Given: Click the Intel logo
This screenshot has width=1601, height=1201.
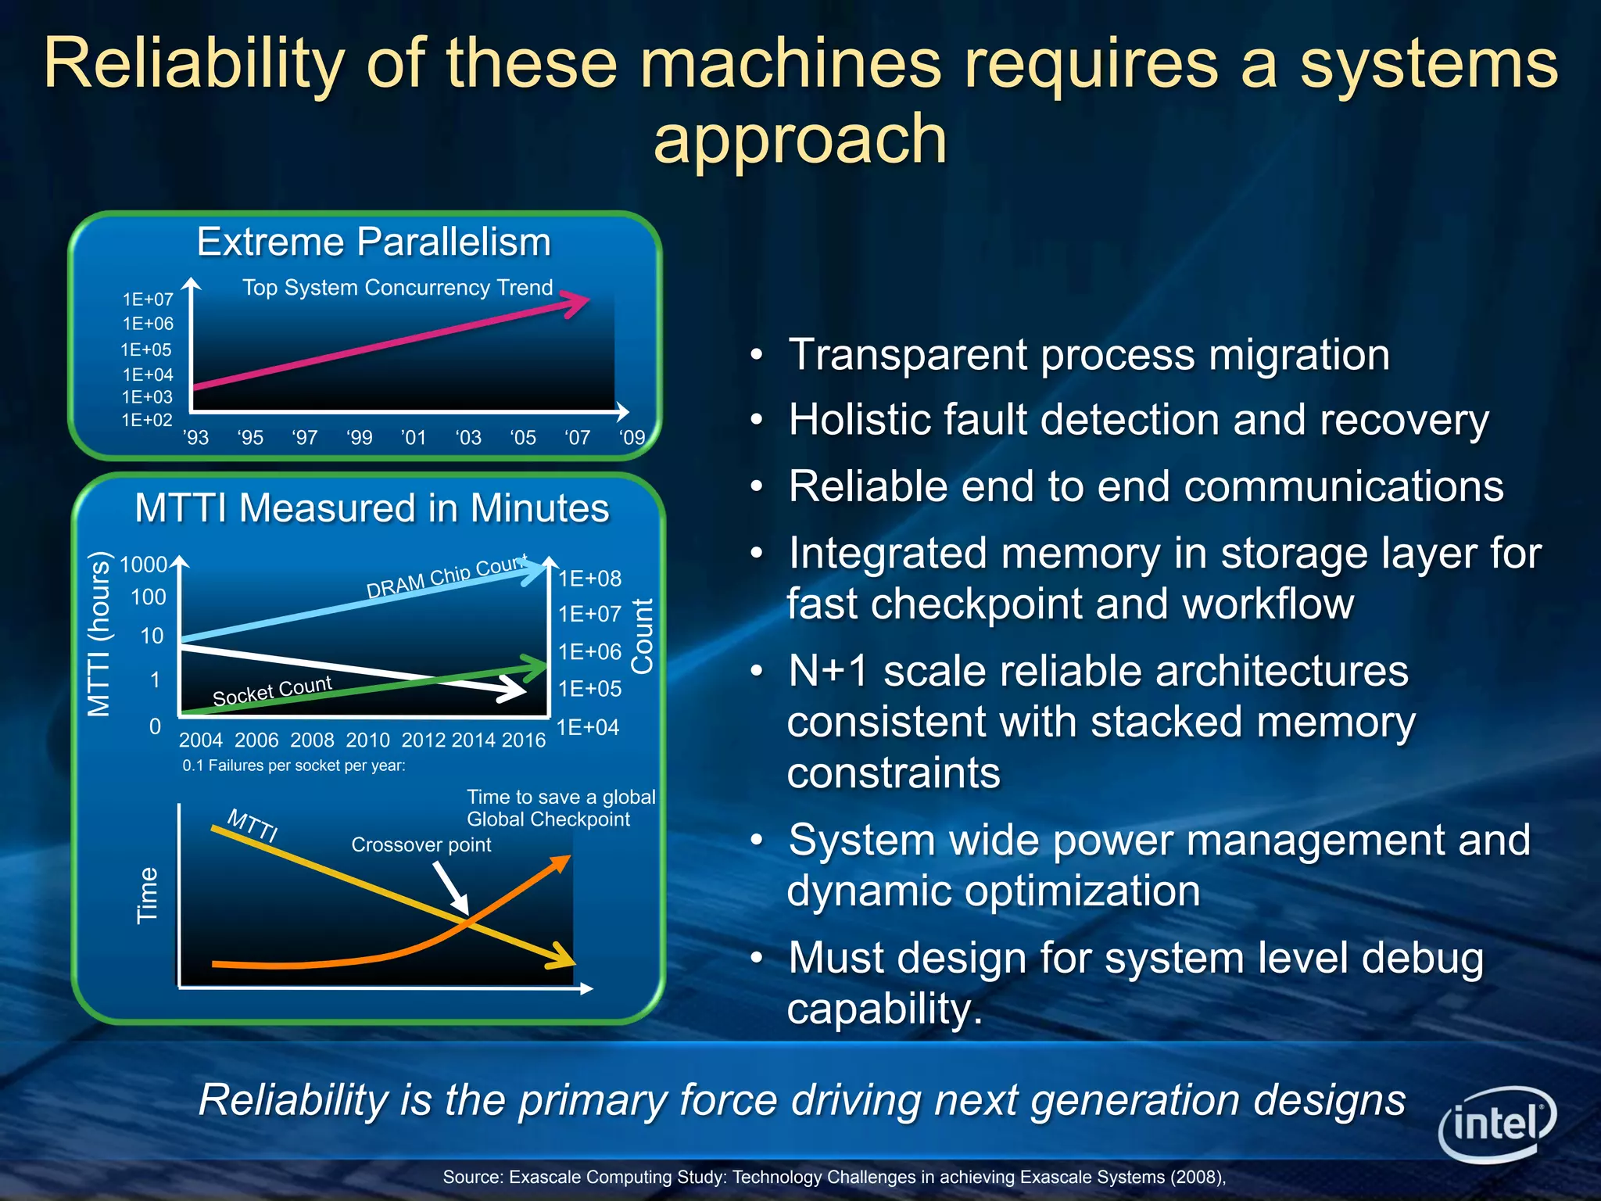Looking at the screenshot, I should [x=1496, y=1124].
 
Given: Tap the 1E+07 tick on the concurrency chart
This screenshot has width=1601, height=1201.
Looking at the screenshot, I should [x=148, y=299].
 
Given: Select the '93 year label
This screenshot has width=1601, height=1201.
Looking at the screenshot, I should [x=196, y=437].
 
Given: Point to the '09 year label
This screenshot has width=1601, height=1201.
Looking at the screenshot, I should [x=632, y=437].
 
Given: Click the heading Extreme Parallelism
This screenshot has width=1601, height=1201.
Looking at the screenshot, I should [x=374, y=242].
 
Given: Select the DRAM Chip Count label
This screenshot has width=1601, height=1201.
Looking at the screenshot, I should [x=446, y=576].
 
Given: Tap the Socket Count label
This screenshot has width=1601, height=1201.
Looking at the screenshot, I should [x=272, y=690].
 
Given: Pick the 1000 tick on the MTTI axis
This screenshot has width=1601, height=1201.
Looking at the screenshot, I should [x=143, y=565].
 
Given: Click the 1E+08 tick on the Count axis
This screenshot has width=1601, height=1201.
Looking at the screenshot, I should [x=589, y=579].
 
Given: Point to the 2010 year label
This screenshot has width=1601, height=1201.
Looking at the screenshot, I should [x=367, y=740].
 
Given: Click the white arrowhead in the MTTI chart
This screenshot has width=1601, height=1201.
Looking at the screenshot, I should [x=514, y=689].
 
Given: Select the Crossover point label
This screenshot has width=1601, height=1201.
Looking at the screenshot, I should [x=421, y=844].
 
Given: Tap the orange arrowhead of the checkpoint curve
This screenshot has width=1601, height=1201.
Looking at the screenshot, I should [x=561, y=865].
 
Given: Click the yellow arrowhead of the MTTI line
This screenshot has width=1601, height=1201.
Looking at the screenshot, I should [x=561, y=956].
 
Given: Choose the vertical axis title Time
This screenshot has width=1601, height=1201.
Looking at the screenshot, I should [x=148, y=895].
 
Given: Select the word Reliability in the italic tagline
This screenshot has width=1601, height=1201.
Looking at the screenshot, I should [x=293, y=1100].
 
